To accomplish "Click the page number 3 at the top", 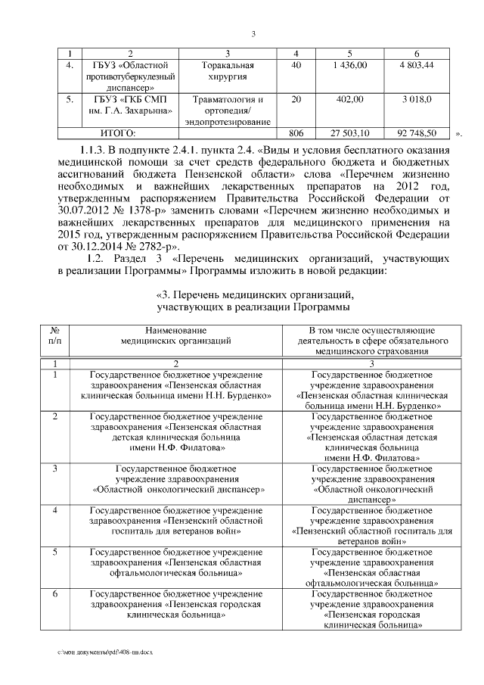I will (253, 33).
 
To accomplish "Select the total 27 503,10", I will (349, 133).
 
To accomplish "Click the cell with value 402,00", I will (349, 99).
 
